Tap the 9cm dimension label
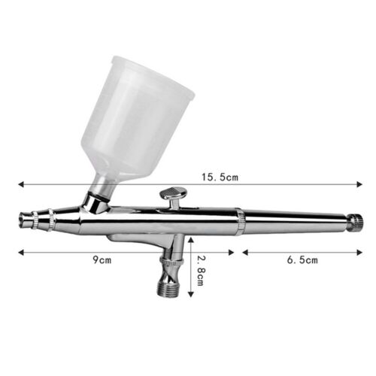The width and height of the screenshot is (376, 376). [x=99, y=260]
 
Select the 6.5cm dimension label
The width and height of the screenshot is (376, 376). [x=302, y=260]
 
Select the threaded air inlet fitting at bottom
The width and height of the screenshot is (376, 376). [x=170, y=287]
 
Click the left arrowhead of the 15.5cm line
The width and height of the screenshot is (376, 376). [x=20, y=183]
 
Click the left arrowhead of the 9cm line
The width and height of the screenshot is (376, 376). [x=20, y=251]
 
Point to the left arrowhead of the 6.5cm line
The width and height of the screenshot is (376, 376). [x=244, y=251]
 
